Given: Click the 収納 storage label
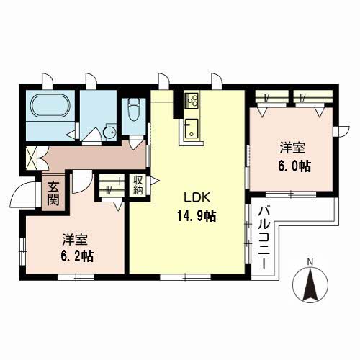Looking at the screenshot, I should point(138,185).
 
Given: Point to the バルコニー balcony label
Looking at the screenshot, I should point(264,238).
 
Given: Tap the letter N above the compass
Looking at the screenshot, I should point(310,261).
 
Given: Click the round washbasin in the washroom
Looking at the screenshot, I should point(109,133).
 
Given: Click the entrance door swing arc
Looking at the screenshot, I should point(24,193).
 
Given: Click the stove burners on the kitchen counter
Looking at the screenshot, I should point(192,100).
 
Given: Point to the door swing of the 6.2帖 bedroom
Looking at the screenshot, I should point(82,182).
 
